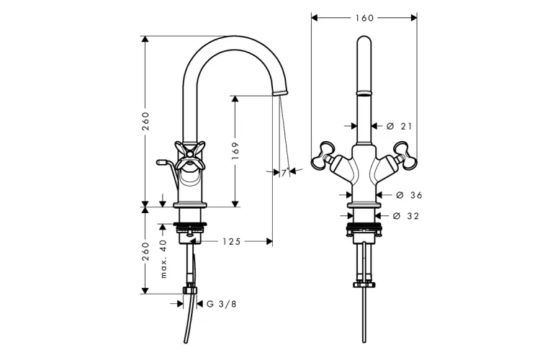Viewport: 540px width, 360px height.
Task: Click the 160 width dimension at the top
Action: pos(364,18)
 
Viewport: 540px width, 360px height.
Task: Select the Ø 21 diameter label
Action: pos(399,127)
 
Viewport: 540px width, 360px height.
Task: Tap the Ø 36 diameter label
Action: pos(409,195)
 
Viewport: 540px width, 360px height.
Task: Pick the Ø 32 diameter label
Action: pos(406,216)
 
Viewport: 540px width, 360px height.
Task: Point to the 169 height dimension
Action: pos(235,150)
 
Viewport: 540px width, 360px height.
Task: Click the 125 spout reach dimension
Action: pos(231,242)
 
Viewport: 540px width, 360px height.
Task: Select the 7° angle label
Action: pos(284,173)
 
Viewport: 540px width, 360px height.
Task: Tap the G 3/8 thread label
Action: pos(222,304)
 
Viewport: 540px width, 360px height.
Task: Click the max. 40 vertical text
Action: pos(163,258)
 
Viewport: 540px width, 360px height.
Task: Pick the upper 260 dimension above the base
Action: pos(145,121)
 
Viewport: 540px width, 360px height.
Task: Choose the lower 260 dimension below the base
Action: pos(145,251)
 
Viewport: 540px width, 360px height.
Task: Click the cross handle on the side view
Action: pos(190,156)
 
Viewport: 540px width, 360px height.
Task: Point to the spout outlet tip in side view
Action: pos(280,93)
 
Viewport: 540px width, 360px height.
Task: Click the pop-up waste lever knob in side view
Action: pos(161,161)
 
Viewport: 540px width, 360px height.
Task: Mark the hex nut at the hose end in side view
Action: pos(190,289)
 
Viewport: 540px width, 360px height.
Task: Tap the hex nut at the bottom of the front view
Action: pos(364,284)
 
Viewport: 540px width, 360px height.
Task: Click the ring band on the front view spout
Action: pos(364,93)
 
